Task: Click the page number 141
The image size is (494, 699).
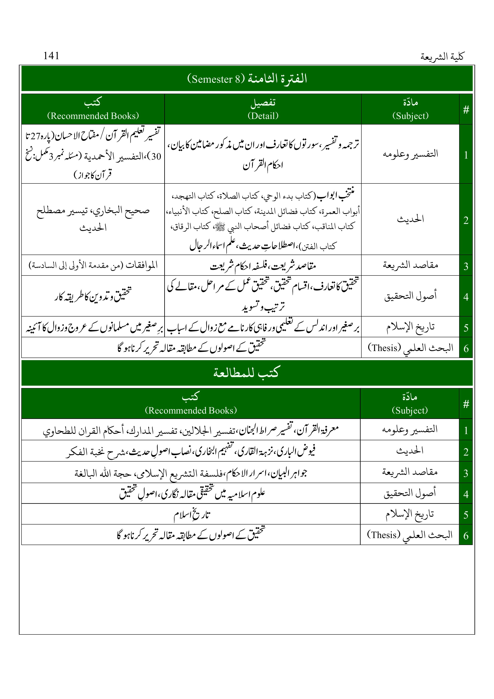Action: (51, 56)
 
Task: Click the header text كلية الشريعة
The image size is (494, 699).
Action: (442, 57)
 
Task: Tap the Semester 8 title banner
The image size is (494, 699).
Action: (247, 79)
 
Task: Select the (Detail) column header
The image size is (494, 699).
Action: (263, 116)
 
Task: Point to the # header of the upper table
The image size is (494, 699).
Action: (466, 110)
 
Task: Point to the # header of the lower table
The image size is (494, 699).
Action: (466, 404)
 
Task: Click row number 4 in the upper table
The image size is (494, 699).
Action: (466, 297)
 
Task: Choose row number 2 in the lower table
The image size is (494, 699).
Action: (466, 452)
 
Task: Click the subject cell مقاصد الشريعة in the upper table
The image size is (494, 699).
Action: (410, 265)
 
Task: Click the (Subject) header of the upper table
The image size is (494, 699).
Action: (410, 116)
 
